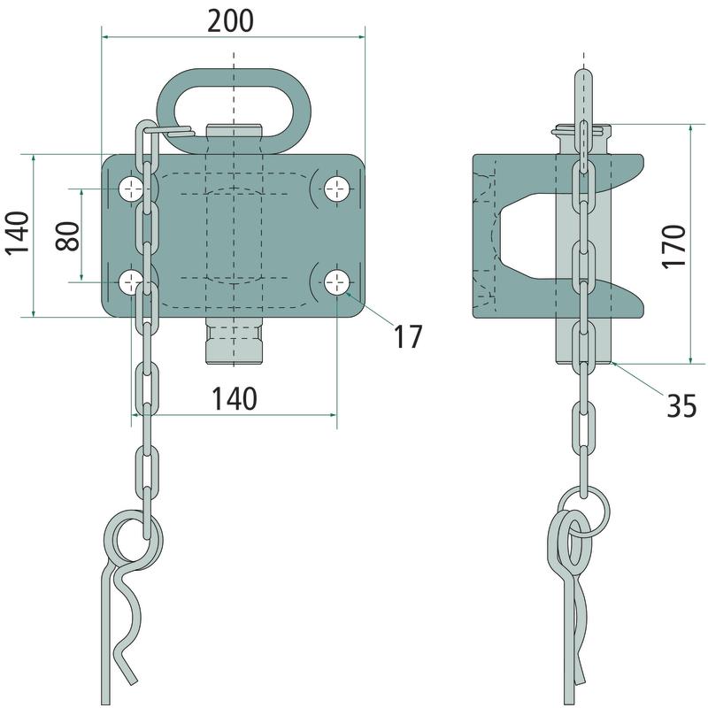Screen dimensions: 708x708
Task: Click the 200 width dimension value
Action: pyautogui.click(x=230, y=21)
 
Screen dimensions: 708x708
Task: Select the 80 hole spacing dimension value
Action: pyautogui.click(x=68, y=236)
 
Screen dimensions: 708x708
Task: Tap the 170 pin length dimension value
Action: pyautogui.click(x=673, y=247)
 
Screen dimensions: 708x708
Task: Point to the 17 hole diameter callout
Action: pyautogui.click(x=408, y=336)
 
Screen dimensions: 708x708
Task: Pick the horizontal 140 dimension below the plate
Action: pyautogui.click(x=235, y=399)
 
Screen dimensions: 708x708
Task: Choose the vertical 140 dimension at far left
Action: pyautogui.click(x=18, y=234)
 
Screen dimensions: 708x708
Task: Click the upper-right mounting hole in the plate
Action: pyautogui.click(x=337, y=189)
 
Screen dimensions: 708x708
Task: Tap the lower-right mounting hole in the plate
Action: pyautogui.click(x=337, y=282)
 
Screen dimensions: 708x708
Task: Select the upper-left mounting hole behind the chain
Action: pyautogui.click(x=131, y=189)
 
